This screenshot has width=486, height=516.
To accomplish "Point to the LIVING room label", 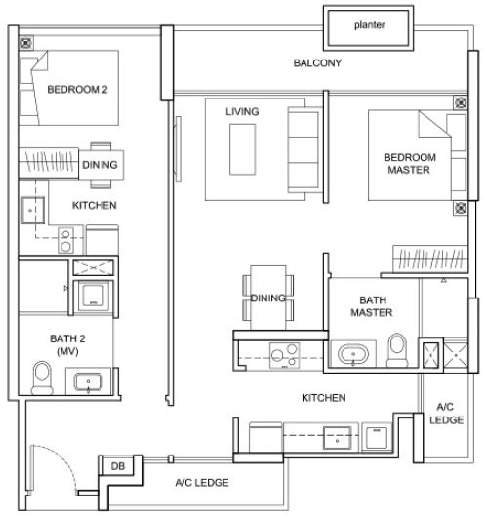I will [242, 112].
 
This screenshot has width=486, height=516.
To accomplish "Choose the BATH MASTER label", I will [371, 306].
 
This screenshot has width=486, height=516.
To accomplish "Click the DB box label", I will [117, 467].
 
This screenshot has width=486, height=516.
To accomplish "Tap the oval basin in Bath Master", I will [352, 354].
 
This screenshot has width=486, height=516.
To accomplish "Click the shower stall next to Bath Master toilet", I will [430, 354].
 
